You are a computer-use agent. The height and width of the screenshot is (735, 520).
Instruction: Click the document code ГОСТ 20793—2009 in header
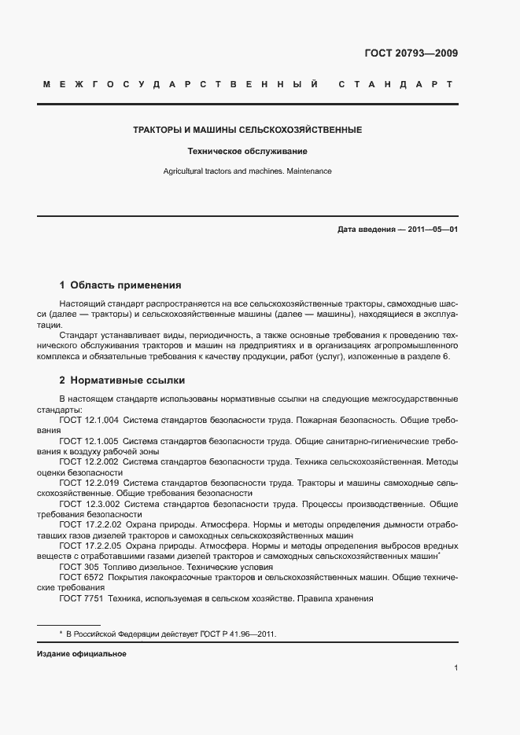(x=411, y=53)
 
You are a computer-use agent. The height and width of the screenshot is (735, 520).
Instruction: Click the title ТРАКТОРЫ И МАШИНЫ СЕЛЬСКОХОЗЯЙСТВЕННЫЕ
(x=247, y=130)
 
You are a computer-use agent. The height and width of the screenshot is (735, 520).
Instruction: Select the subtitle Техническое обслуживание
(x=247, y=150)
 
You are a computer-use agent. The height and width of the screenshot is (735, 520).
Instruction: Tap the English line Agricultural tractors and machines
(x=247, y=171)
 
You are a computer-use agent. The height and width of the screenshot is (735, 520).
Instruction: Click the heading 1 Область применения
(x=120, y=285)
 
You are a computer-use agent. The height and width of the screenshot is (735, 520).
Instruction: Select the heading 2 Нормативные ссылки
(x=122, y=380)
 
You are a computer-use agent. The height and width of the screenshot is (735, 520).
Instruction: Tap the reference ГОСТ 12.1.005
(x=89, y=442)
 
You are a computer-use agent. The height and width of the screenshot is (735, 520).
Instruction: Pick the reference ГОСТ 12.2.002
(x=89, y=462)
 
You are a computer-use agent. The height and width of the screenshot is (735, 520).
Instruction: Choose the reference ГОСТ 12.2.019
(x=89, y=483)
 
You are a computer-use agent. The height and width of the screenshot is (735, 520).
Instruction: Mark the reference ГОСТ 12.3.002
(x=89, y=504)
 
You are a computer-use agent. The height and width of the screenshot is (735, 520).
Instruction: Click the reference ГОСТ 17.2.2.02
(x=90, y=524)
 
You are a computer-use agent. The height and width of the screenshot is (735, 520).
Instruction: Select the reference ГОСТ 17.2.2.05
(x=90, y=545)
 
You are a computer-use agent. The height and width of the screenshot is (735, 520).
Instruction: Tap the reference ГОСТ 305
(x=76, y=567)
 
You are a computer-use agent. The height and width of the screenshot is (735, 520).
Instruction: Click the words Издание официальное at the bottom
(x=82, y=654)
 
